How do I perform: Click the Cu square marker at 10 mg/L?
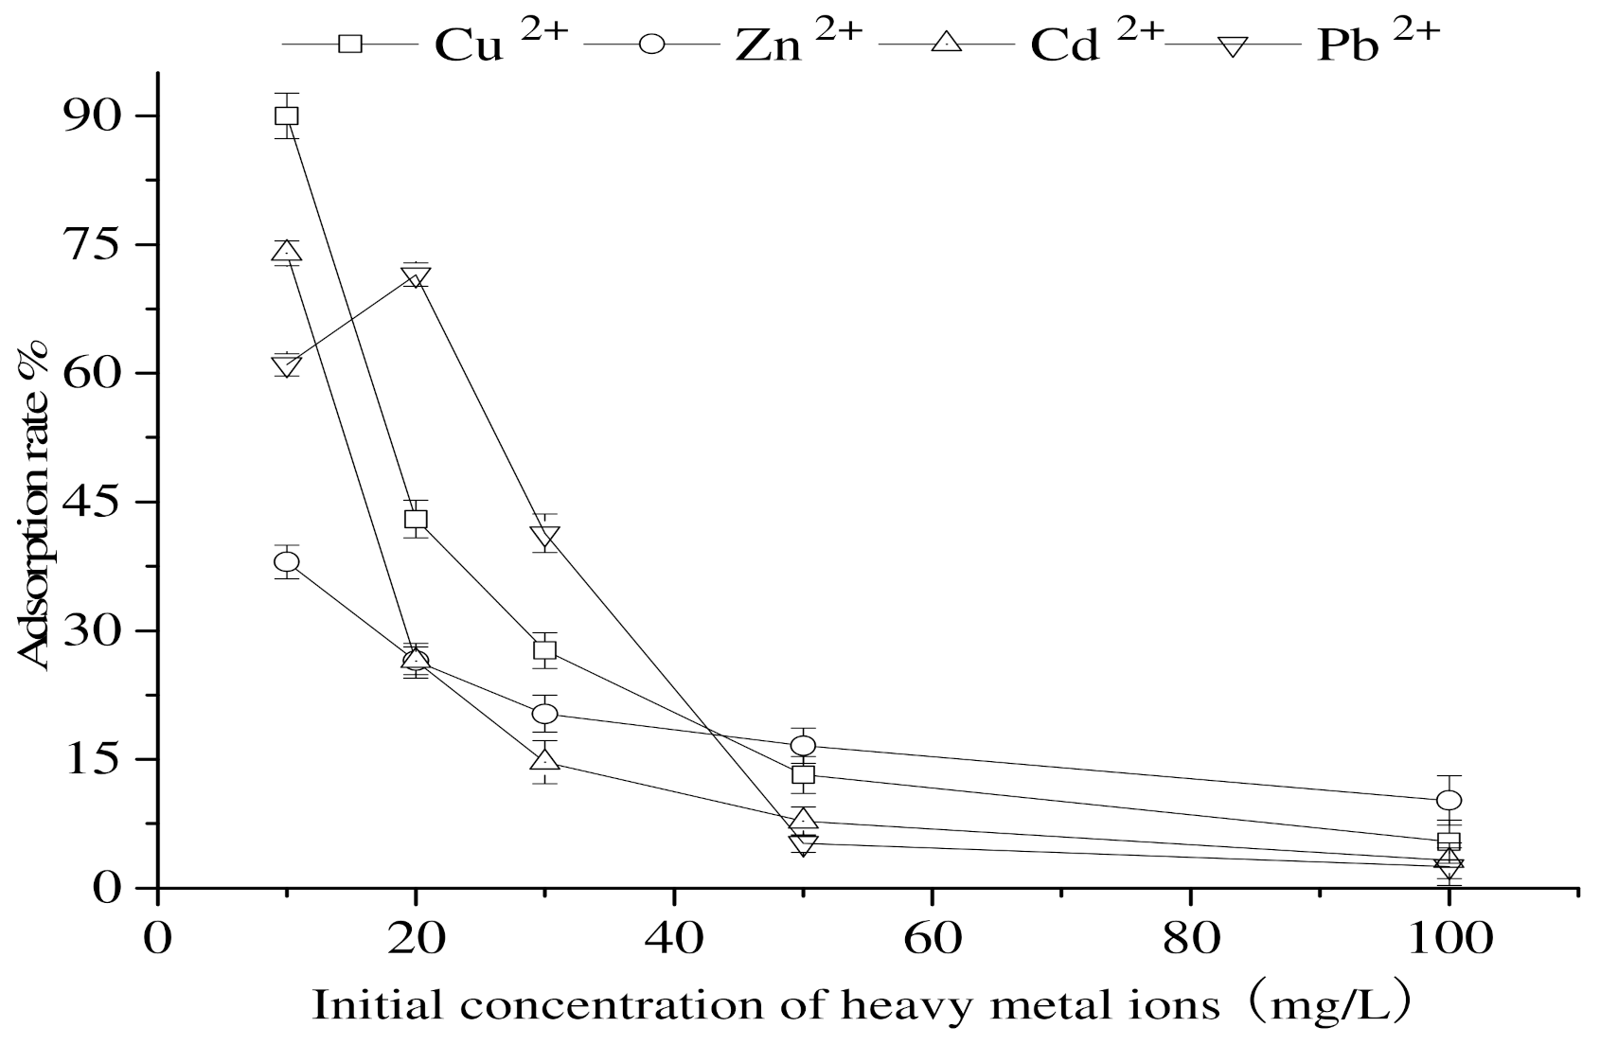point(286,115)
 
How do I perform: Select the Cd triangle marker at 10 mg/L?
point(286,252)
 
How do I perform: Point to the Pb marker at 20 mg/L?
point(416,277)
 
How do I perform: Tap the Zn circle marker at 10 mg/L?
point(286,562)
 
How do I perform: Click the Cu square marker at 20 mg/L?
point(416,519)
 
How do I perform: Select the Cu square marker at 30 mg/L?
point(544,650)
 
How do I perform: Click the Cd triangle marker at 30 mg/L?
point(544,760)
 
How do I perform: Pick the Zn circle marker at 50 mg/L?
point(803,746)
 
